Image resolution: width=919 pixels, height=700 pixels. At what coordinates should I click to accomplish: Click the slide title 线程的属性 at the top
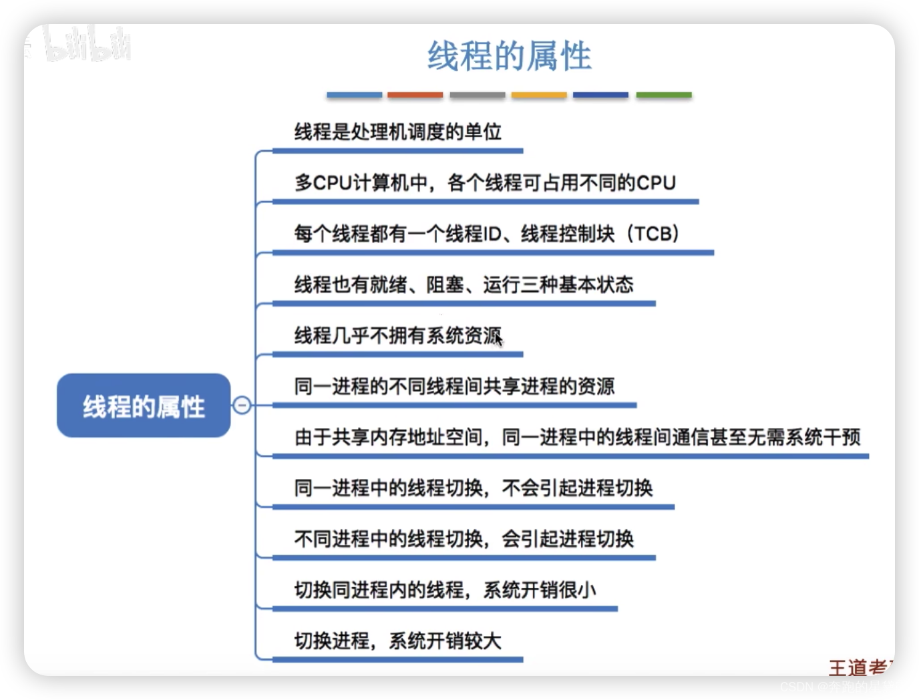[509, 56]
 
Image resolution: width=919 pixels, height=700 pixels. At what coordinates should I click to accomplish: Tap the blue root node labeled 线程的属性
[144, 406]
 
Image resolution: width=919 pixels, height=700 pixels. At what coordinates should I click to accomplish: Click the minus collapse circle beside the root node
[242, 405]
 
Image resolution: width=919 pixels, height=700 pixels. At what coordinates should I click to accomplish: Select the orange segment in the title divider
[415, 96]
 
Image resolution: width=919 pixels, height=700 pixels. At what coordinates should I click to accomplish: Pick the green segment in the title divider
[663, 96]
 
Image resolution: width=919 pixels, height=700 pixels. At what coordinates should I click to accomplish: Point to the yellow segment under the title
[539, 96]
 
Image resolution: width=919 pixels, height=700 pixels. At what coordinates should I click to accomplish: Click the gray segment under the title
[477, 96]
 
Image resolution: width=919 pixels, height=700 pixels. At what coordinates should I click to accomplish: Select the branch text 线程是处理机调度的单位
[397, 132]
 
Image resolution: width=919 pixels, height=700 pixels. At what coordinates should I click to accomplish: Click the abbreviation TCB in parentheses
[653, 234]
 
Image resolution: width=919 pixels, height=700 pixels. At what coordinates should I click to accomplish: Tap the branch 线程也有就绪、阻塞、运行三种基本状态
[464, 285]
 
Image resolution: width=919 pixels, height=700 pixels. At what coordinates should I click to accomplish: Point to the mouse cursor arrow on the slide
[498, 337]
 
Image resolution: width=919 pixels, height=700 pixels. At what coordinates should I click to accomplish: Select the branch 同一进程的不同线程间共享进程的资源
[454, 386]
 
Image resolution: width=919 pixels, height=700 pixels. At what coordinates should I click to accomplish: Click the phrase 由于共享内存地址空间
[388, 437]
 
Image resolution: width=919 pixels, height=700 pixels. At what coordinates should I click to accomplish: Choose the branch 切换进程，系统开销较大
[397, 641]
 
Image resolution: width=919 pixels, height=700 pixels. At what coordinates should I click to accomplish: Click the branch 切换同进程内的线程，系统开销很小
[445, 590]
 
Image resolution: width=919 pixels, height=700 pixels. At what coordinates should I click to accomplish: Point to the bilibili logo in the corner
[87, 45]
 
